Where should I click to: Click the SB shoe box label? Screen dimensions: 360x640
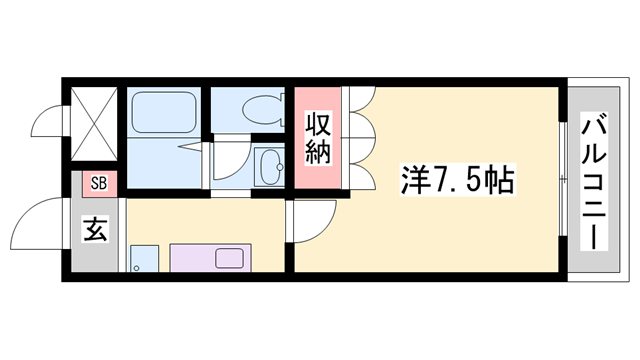tap(97, 182)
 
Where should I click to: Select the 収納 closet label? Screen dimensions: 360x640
tap(319, 140)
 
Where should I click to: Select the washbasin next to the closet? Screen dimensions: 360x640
tap(267, 165)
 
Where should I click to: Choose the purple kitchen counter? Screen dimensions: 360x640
tap(215, 259)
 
